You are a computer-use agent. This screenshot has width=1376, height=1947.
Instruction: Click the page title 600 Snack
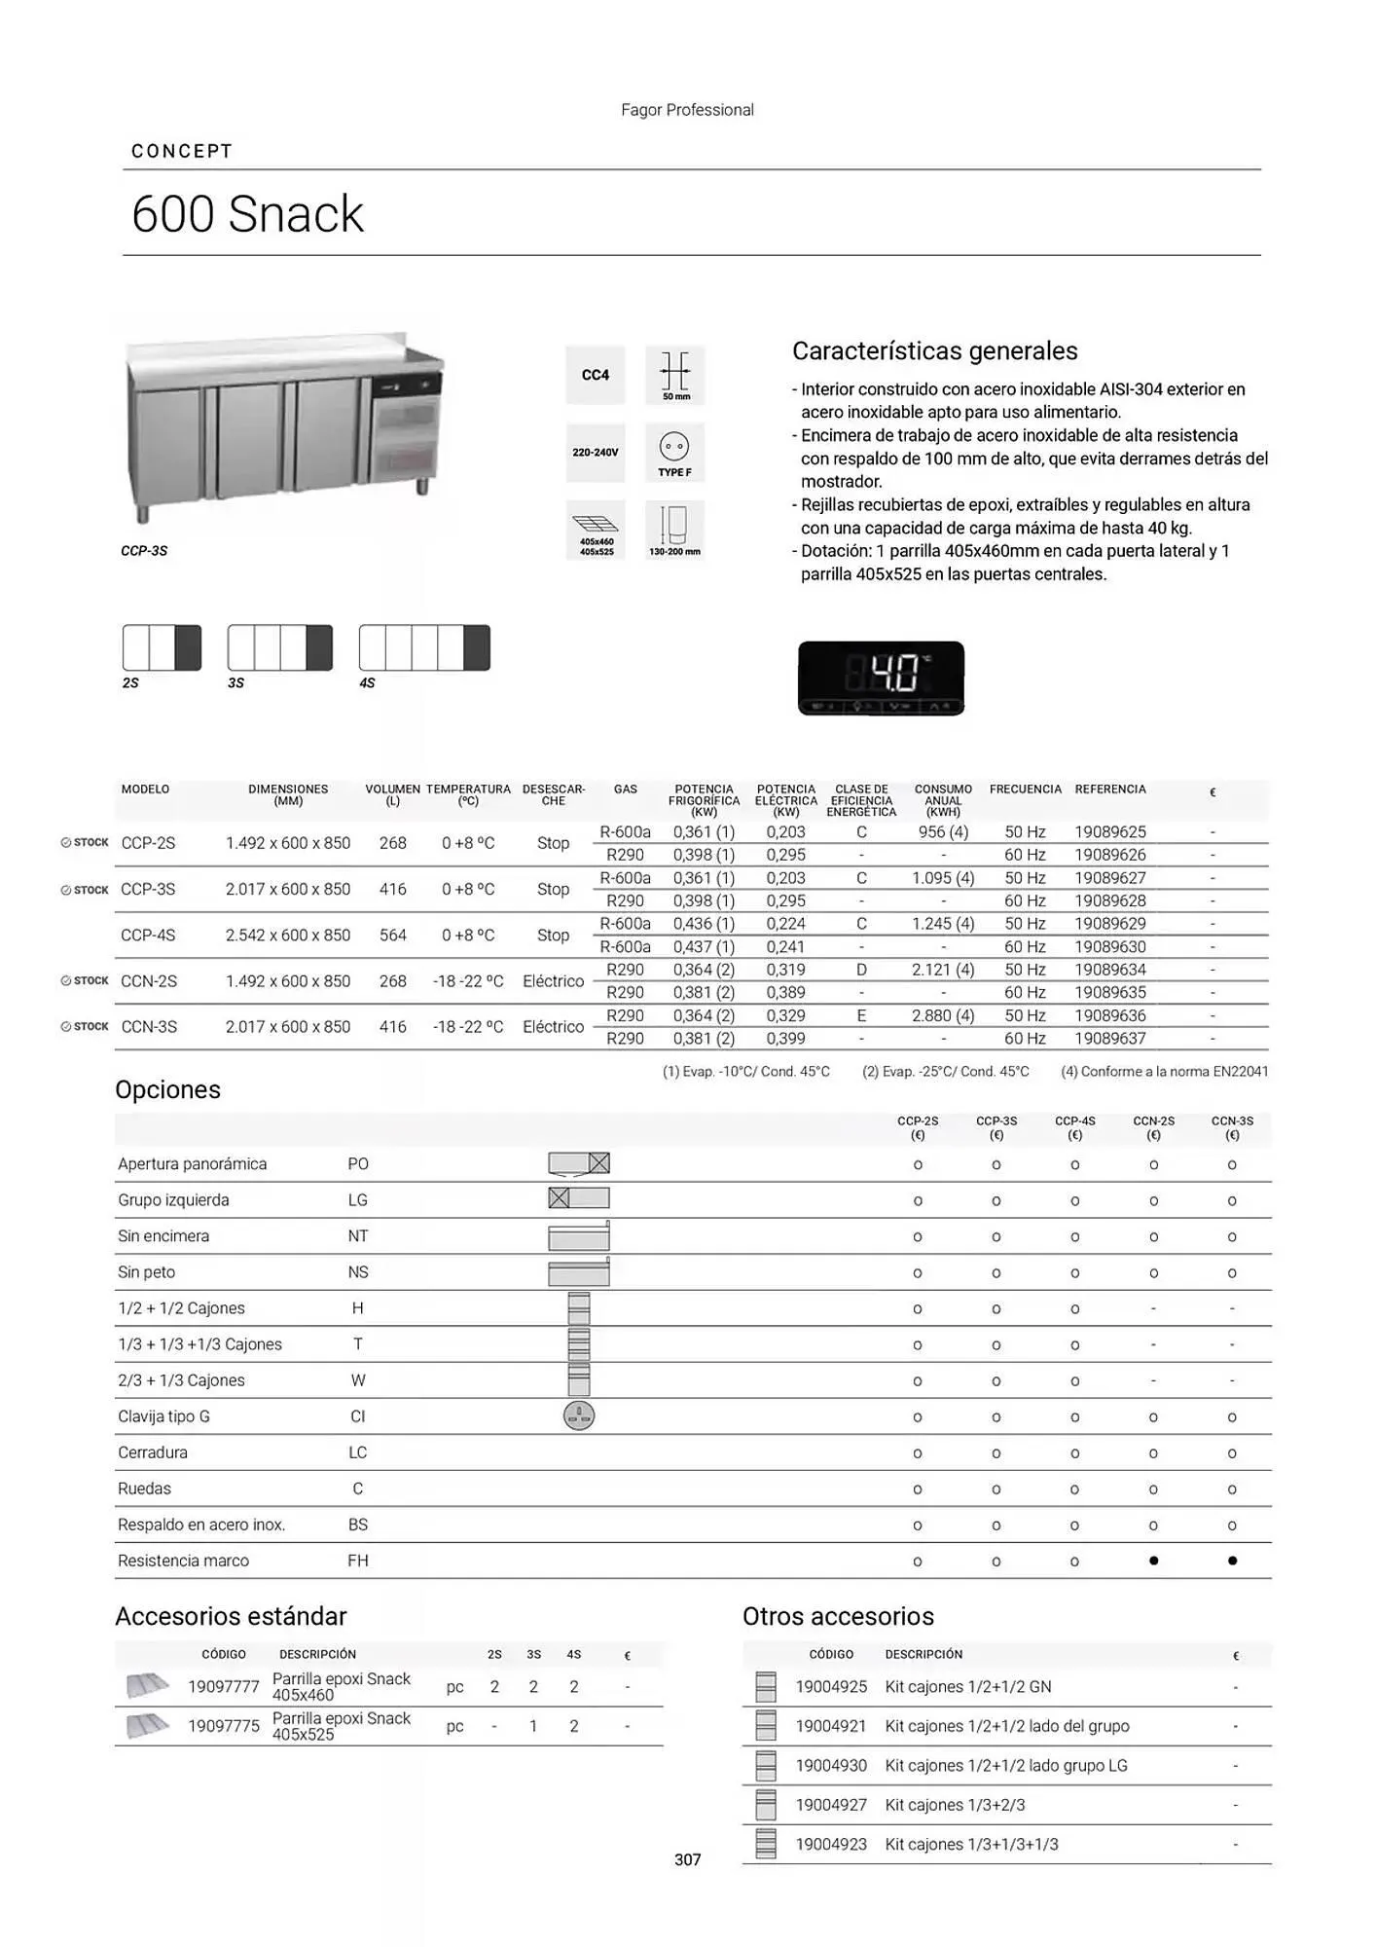(247, 214)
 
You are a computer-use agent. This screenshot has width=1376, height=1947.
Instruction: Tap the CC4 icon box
(596, 375)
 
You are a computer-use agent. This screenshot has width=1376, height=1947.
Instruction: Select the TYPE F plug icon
(674, 453)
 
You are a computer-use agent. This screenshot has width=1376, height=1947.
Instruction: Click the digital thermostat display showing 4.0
(881, 678)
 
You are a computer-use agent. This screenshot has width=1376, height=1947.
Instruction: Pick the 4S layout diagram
(424, 648)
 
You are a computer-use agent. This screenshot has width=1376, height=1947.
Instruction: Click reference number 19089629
(1110, 923)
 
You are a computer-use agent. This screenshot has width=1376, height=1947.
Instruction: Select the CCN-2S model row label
(149, 981)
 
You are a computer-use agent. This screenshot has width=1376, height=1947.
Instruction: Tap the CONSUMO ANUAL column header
(943, 800)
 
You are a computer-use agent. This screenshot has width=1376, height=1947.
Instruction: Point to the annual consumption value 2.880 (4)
(943, 1015)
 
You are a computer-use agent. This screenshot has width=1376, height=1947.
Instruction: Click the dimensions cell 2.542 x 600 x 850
(288, 936)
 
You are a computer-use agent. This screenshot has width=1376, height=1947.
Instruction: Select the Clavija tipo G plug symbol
(579, 1416)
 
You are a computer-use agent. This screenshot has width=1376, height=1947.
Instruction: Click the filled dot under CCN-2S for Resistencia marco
(1153, 1561)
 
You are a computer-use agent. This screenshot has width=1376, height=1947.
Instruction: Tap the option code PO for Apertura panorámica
(358, 1164)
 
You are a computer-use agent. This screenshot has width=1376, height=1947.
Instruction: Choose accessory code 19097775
(224, 1726)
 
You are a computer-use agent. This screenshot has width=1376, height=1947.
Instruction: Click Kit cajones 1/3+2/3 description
(955, 1805)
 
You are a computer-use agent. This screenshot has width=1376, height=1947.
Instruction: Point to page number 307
(687, 1859)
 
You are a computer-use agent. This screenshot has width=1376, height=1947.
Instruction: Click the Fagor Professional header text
(687, 110)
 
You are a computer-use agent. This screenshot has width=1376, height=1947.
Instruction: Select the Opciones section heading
(167, 1089)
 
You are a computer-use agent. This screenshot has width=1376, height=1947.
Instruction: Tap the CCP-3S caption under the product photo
(144, 551)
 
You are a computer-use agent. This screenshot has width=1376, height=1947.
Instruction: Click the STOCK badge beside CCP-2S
(85, 843)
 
